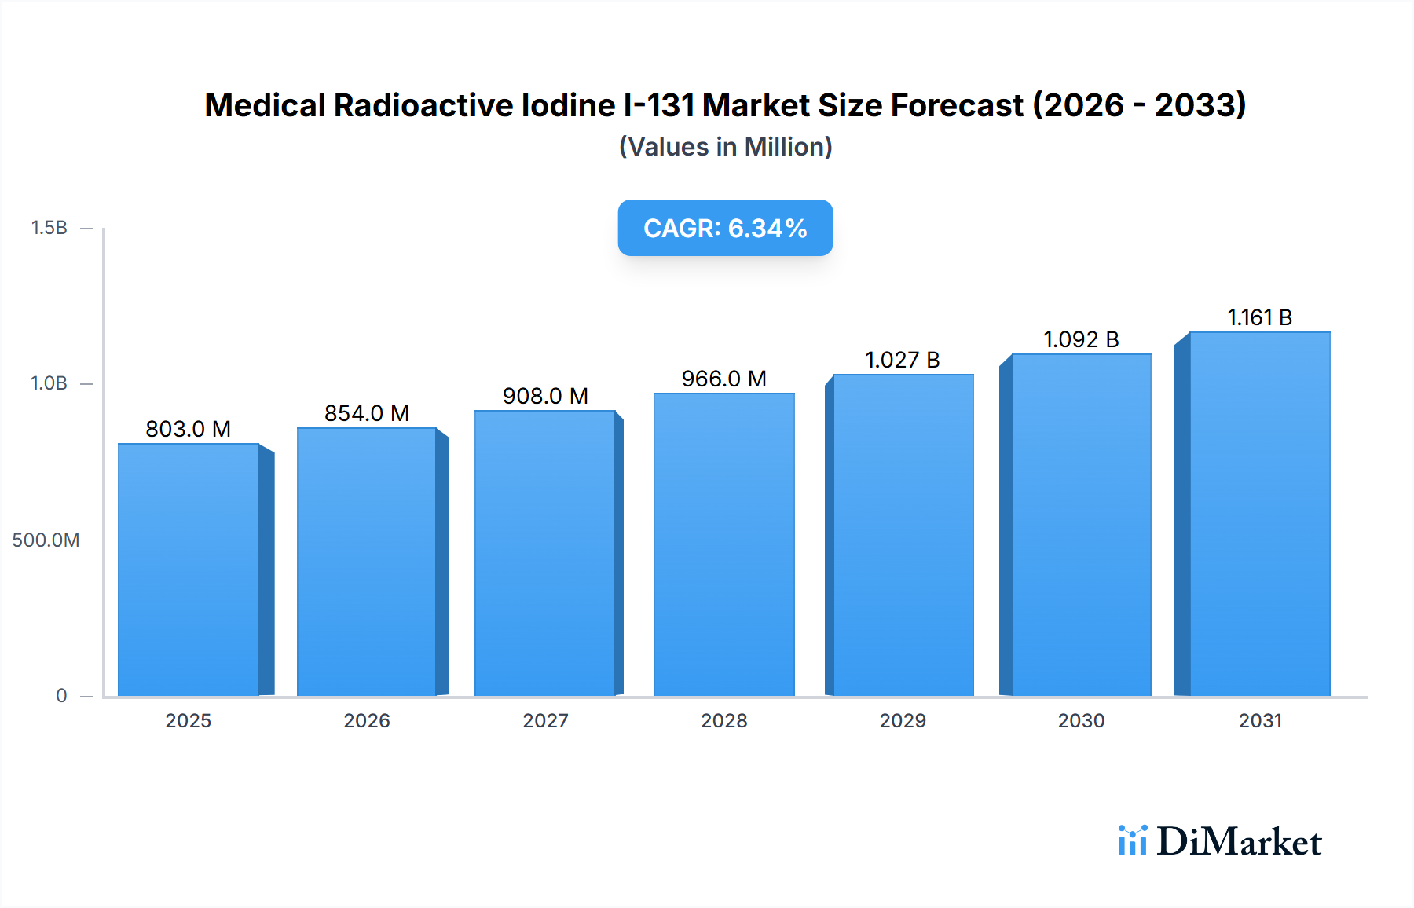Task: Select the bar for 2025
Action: tap(189, 569)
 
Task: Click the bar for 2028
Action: tap(723, 544)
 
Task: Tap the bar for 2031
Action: tap(1259, 514)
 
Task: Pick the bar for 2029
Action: tap(903, 535)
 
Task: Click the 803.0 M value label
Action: tap(188, 429)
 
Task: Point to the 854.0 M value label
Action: tap(367, 413)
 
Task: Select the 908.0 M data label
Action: tap(545, 396)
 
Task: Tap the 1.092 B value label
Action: tap(1081, 339)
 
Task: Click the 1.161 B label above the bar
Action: tap(1259, 317)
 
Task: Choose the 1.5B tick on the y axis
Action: tap(49, 228)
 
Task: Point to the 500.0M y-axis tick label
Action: tap(46, 540)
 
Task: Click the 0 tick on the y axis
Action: tap(61, 696)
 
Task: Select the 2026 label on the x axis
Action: tap(367, 720)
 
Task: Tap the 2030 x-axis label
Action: tap(1081, 720)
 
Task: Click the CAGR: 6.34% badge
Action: tap(725, 228)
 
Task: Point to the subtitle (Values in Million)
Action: tap(725, 147)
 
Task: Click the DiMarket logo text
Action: tap(1239, 842)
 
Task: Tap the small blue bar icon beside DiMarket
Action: tap(1132, 840)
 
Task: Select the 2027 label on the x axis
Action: tap(545, 720)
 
